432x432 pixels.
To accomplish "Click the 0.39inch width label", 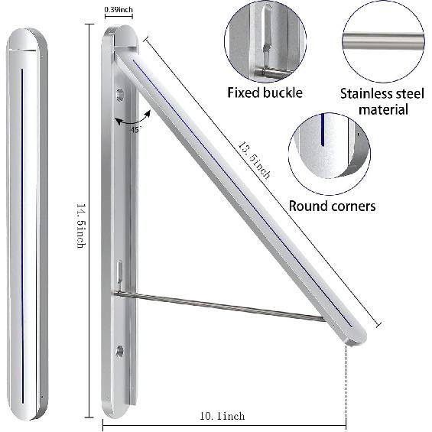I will point(119,10).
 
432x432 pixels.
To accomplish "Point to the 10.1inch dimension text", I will point(222,416).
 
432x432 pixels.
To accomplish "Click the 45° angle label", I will point(136,129).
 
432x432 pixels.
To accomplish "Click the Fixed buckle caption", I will point(265,93).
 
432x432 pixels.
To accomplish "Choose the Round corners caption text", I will point(332,206).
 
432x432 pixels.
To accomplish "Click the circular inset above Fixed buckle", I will point(265,41).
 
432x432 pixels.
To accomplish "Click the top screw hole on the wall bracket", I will point(119,95).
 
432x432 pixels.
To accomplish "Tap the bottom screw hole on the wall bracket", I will point(119,351).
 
